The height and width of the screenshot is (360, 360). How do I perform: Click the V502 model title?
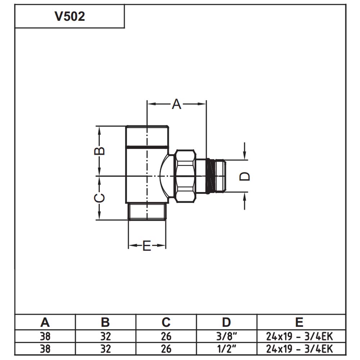pos(70,16)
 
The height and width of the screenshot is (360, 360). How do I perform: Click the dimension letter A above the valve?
pos(176,104)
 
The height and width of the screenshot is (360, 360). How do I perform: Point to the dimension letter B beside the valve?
pos(100,150)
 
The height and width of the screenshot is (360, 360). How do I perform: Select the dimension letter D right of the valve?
pos(245,176)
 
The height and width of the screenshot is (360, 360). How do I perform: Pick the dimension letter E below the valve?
pos(147,246)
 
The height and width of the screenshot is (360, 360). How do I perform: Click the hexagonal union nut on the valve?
pos(185,176)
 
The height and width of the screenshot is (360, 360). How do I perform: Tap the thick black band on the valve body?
pos(147,147)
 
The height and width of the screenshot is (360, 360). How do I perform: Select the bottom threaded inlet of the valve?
pos(147,212)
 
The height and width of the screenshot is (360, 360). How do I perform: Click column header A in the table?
pos(45,322)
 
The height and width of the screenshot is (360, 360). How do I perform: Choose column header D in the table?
pos(226,322)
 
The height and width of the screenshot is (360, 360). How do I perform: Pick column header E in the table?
pos(300,322)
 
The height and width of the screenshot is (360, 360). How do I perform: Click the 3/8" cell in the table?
pos(226,337)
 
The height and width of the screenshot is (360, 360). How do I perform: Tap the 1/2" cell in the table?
pos(226,349)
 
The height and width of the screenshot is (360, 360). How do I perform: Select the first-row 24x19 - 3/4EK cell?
pos(300,337)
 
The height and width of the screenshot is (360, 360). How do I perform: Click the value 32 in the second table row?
pos(105,349)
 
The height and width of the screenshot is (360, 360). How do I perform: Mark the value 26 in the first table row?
pos(166,337)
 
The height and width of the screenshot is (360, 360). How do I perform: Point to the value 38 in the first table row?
pos(45,337)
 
